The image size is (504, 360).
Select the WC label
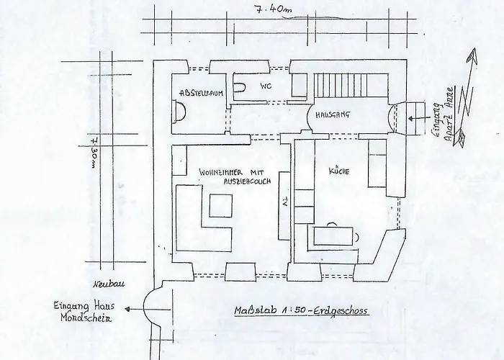(x=265, y=87)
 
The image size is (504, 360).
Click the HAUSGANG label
(x=332, y=114)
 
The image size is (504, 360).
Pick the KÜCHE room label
(x=339, y=172)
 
